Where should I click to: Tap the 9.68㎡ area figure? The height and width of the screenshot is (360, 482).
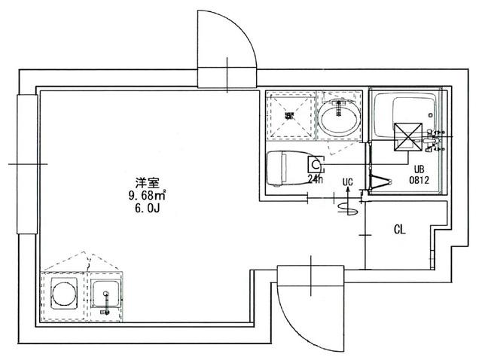146,196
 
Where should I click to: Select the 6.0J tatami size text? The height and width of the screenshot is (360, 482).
146,210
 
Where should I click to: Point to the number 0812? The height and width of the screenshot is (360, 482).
419,181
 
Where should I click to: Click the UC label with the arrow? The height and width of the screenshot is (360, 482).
347,182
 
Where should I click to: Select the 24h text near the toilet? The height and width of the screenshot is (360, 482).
315,178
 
